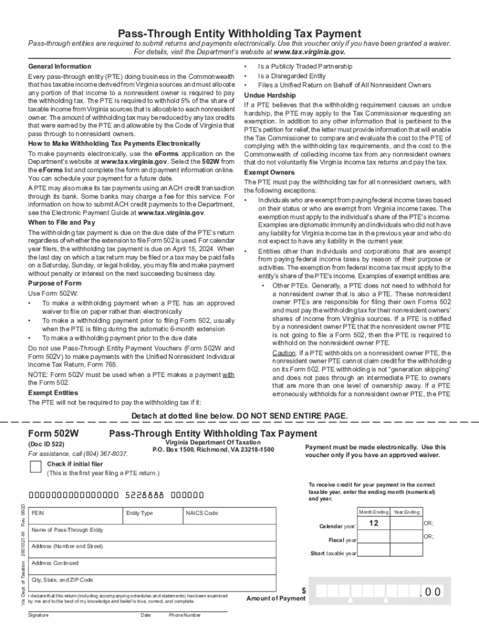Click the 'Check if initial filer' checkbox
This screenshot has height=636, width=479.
tap(36, 468)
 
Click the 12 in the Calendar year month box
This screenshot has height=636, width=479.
tap(373, 524)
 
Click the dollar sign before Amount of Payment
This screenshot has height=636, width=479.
tap(304, 591)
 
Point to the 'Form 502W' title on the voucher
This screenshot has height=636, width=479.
tap(57, 434)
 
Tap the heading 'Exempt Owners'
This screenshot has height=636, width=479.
tap(269, 171)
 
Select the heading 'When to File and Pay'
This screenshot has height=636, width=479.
tap(62, 222)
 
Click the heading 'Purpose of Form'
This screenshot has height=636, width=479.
tap(55, 283)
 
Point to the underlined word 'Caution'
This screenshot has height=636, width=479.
tap(283, 353)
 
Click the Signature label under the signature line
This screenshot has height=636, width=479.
tap(38, 615)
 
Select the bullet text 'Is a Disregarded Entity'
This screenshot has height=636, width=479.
tap(291, 76)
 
